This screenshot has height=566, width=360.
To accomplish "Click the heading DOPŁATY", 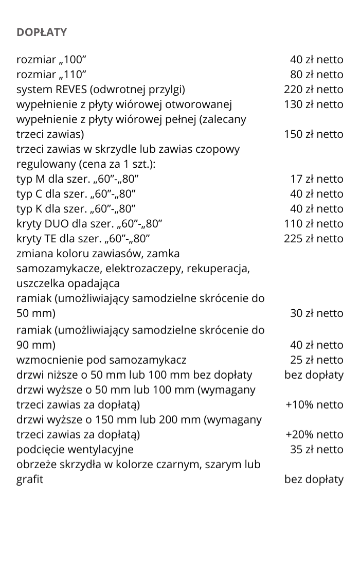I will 42,32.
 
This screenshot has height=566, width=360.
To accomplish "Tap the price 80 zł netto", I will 317,75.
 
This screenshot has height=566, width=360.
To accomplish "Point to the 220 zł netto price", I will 314,90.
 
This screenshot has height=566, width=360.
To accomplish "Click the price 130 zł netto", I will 314,104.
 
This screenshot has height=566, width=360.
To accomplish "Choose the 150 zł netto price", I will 314,134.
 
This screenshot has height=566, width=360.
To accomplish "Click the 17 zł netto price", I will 317,179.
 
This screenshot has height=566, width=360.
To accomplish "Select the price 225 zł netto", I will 314,239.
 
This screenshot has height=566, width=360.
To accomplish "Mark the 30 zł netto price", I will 317,313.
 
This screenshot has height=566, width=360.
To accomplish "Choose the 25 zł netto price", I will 317,360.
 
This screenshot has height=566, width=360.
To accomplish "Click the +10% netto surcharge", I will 314,404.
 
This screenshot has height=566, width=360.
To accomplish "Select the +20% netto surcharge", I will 314,435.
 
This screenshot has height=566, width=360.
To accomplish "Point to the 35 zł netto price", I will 317,450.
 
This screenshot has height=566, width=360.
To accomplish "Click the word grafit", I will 30,480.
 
